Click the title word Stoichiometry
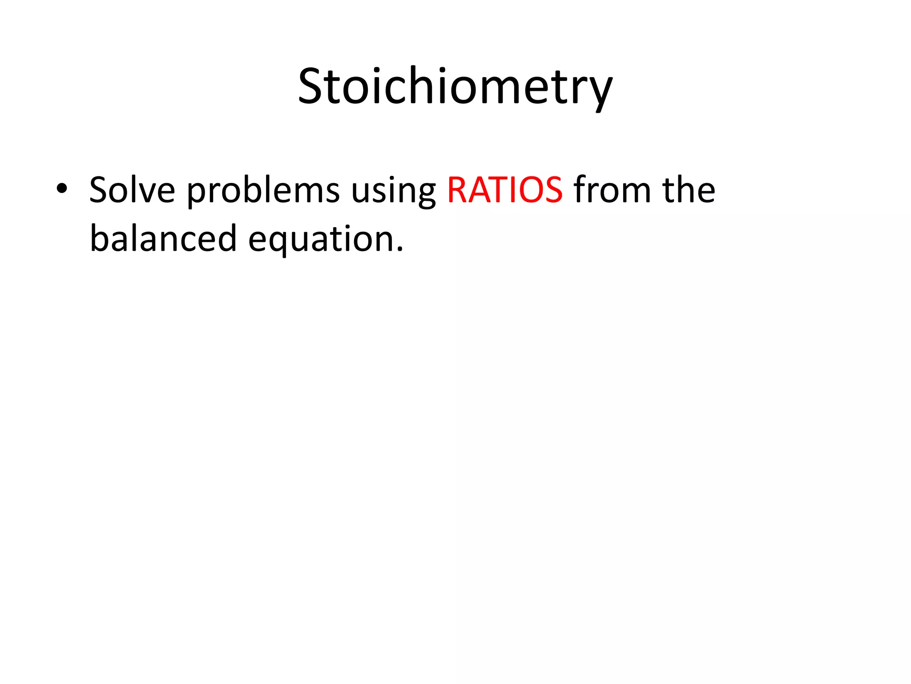[455, 86]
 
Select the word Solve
[132, 190]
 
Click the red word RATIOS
[504, 190]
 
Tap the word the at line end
[689, 190]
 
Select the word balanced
[163, 239]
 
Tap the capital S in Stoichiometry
[312, 86]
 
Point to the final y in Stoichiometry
[600, 91]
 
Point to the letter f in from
[580, 189]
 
